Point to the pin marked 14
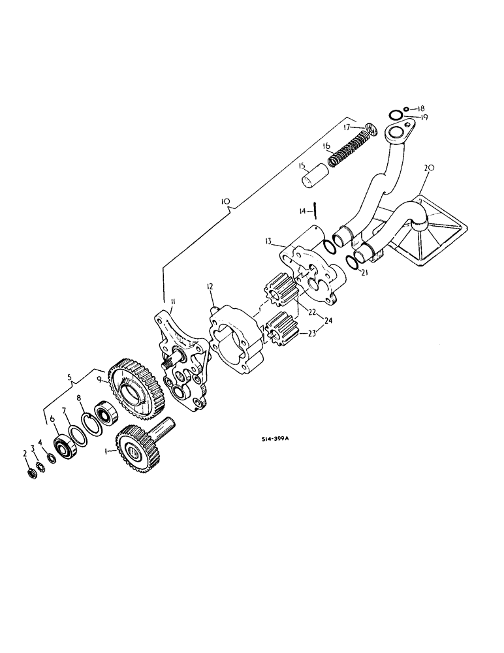tap(315, 210)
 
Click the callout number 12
tap(210, 286)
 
